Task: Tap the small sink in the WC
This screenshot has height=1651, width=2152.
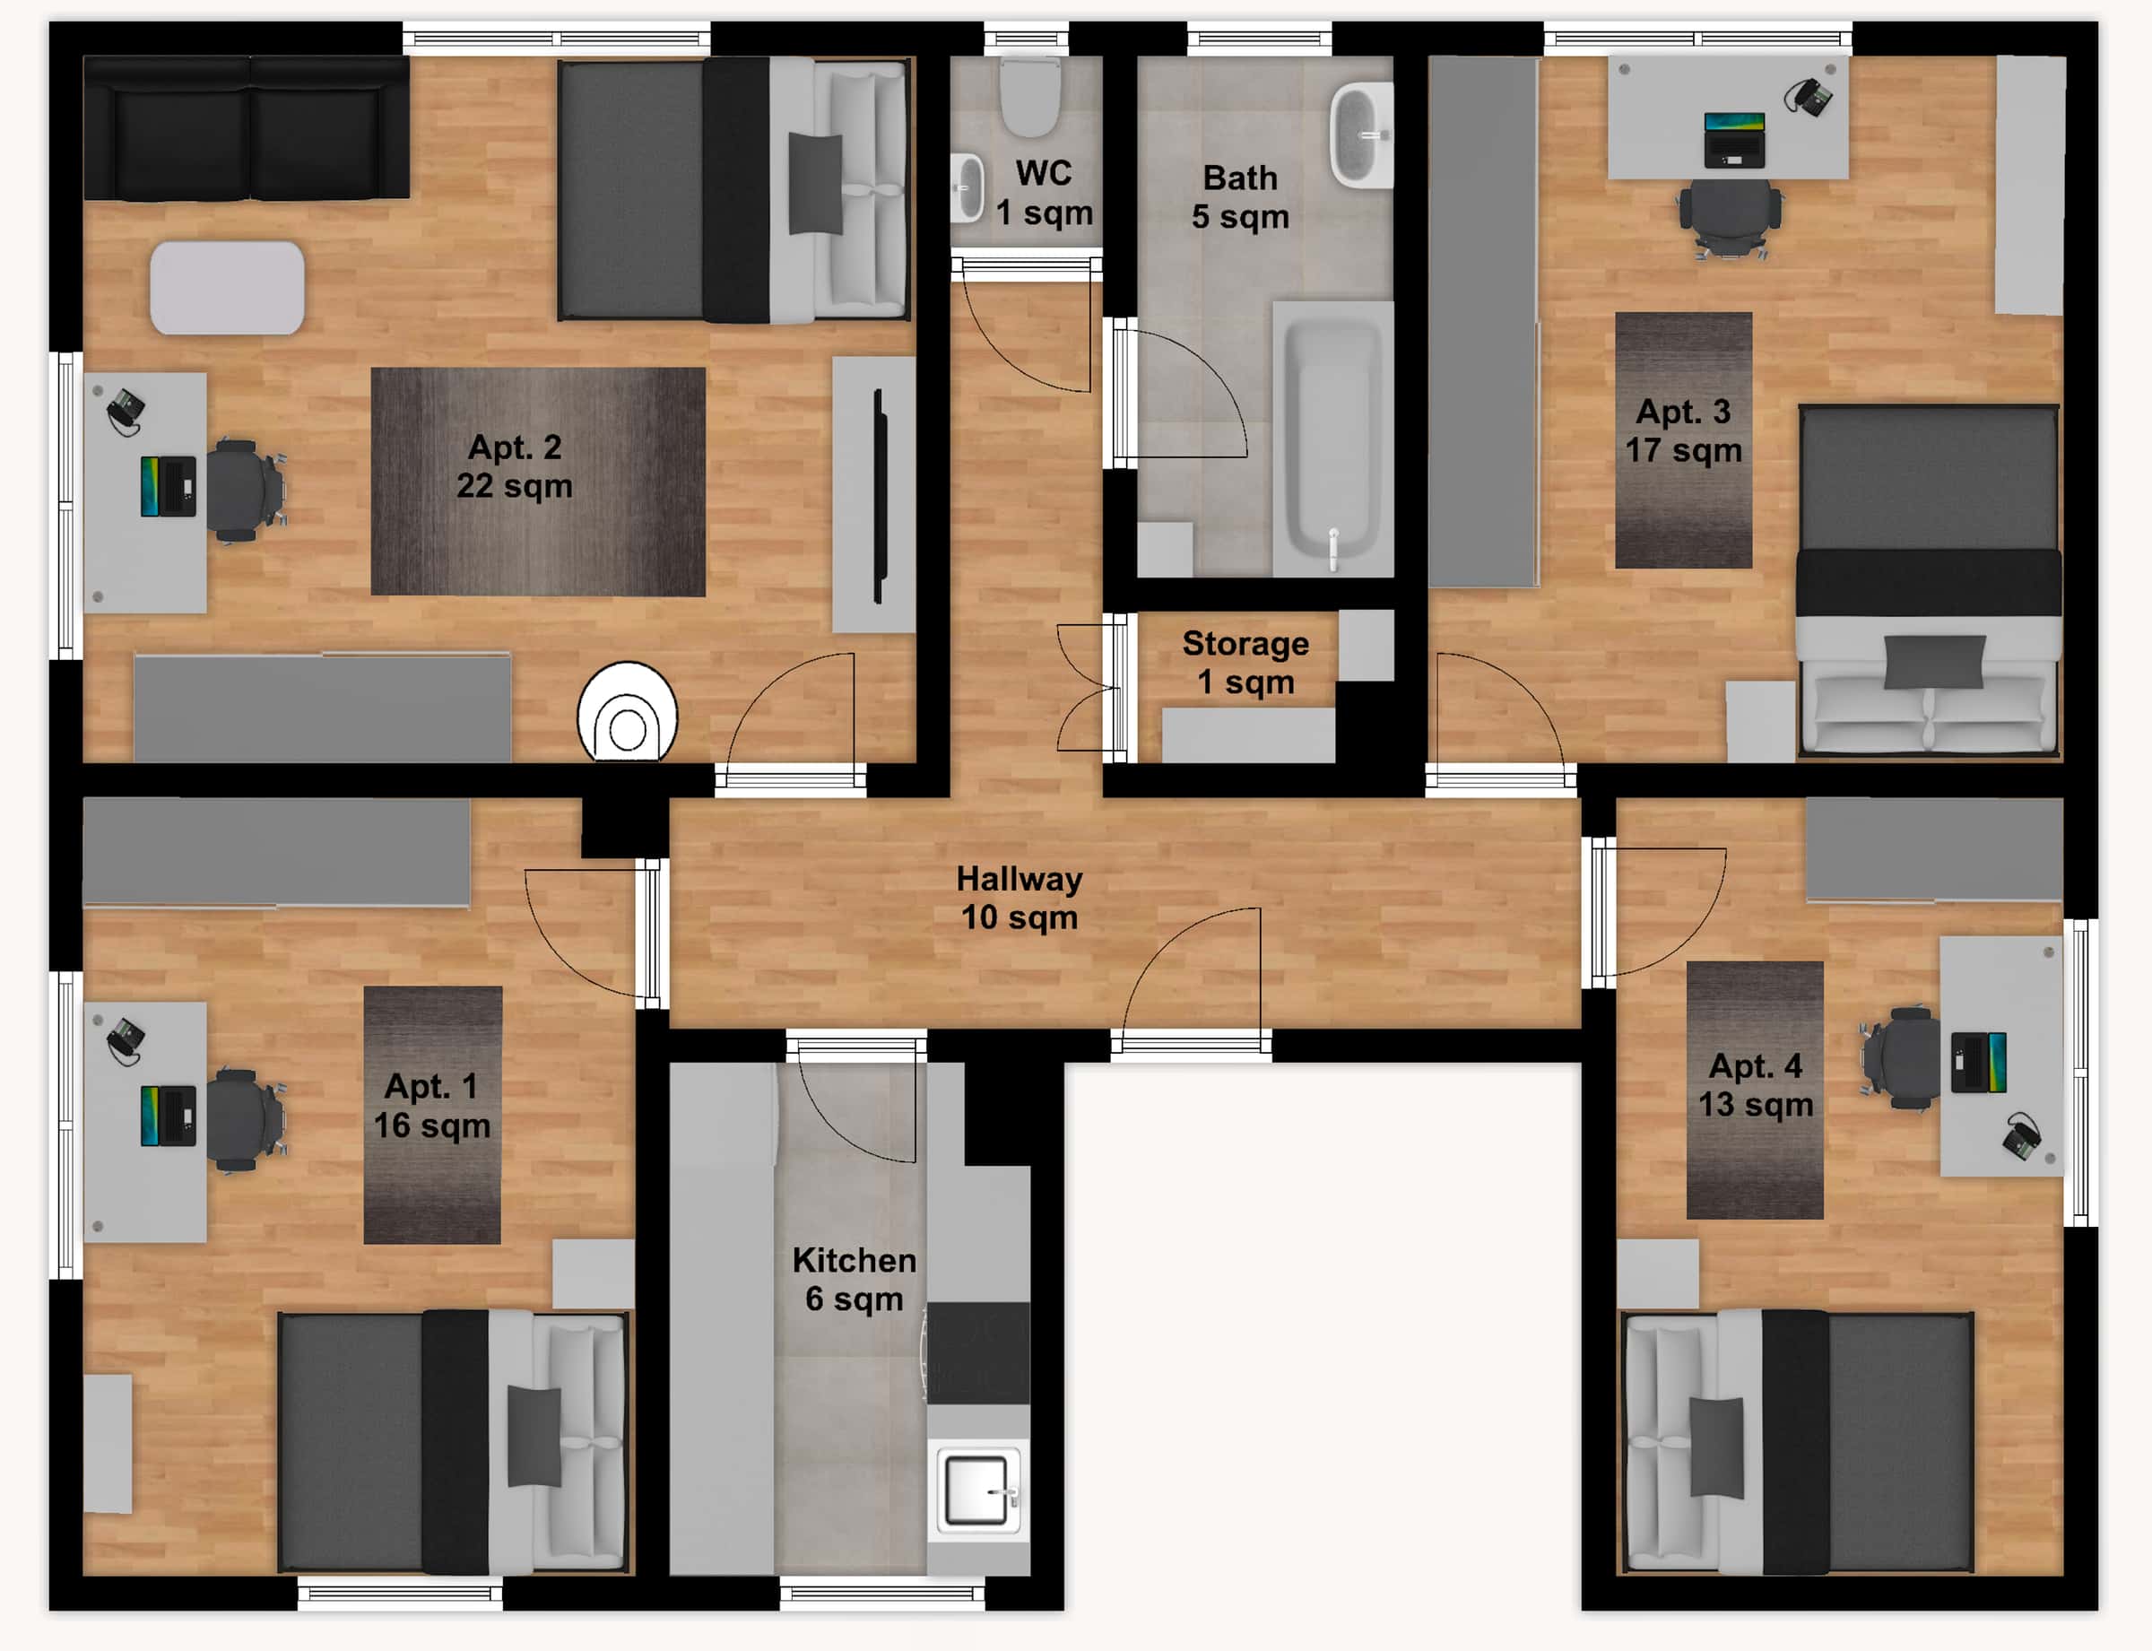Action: point(967,187)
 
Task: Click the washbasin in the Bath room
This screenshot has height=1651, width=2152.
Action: point(1360,135)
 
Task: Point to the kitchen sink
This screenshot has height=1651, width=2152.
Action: point(976,1490)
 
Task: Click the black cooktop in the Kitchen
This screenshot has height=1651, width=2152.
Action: point(977,1352)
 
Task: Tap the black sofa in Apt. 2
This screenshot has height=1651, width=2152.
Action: point(246,127)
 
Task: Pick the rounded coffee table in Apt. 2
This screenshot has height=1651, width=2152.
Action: point(227,288)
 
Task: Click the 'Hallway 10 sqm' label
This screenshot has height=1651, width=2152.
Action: point(1019,897)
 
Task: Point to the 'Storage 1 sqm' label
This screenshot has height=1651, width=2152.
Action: point(1245,663)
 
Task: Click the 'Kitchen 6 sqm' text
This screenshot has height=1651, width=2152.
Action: point(854,1279)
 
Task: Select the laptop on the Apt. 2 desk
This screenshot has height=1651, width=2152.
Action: point(168,485)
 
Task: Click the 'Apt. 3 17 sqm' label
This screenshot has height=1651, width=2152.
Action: point(1682,430)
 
